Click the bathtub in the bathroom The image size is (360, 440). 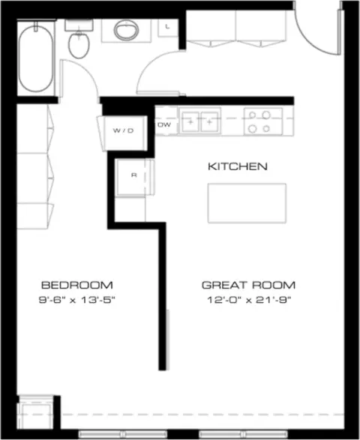(36, 58)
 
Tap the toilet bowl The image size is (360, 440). (79, 46)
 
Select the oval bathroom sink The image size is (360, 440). (126, 30)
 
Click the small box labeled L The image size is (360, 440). (168, 27)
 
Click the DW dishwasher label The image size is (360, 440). (164, 124)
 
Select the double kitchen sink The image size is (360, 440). (200, 121)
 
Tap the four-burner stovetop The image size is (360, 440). (263, 121)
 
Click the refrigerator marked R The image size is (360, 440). (134, 177)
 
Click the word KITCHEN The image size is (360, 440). (238, 166)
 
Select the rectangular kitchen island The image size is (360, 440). (247, 203)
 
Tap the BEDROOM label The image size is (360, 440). (77, 285)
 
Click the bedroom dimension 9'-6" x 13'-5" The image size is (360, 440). (77, 300)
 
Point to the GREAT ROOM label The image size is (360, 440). (248, 285)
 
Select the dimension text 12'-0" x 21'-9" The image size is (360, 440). (249, 300)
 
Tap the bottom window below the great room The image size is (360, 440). (244, 434)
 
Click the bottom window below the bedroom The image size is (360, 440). (123, 434)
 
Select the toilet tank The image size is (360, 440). (79, 25)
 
